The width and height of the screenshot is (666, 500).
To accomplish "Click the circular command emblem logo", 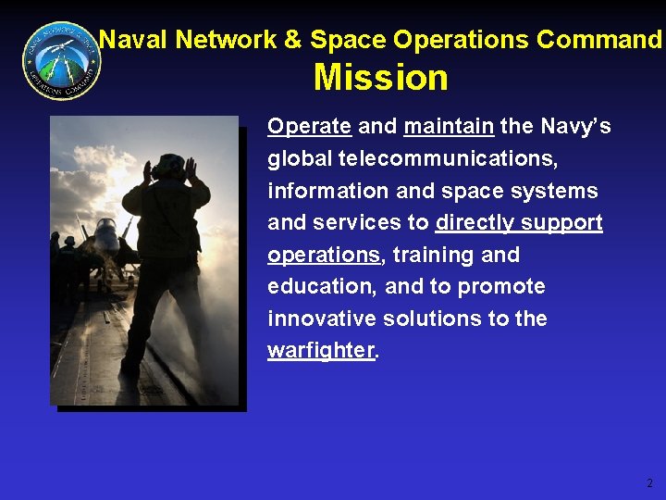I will point(60,60).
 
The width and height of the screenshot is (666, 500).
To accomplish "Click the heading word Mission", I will point(380,78).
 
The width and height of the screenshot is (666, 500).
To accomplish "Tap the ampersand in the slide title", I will point(291,40).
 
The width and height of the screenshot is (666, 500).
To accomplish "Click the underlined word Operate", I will point(309,127).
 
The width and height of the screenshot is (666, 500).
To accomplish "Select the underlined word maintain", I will point(449,127).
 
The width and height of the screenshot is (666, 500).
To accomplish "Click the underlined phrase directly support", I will point(519,223).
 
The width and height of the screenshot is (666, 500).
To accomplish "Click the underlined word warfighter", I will point(321,351).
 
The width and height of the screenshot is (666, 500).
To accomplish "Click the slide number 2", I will point(649,482).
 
